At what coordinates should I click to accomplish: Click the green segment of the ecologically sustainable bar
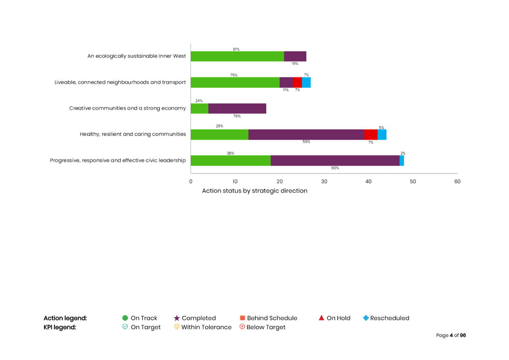[237, 56]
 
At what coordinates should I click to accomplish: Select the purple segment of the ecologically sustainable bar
[295, 56]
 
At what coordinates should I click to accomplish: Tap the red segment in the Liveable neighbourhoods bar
[297, 82]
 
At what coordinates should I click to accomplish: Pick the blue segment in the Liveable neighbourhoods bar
[306, 82]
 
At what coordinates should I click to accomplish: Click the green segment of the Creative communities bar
[200, 108]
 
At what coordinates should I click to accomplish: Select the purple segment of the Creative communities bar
[237, 108]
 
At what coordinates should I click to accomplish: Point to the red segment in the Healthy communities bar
[370, 134]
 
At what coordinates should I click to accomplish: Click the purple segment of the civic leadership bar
[335, 160]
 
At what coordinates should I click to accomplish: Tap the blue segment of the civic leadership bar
[402, 160]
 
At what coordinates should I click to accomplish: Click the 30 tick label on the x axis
[324, 182]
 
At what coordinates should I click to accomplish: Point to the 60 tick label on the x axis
[457, 182]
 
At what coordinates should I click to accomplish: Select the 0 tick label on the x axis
[191, 182]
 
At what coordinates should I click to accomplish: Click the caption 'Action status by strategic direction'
[254, 191]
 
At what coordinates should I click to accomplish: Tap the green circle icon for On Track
[125, 318]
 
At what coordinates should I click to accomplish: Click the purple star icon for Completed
[176, 318]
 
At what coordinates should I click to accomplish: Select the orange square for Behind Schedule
[243, 318]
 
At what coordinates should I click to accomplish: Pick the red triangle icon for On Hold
[322, 318]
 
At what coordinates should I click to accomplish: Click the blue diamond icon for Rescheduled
[365, 318]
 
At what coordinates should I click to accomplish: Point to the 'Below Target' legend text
[266, 327]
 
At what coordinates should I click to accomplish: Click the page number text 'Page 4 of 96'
[451, 336]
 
